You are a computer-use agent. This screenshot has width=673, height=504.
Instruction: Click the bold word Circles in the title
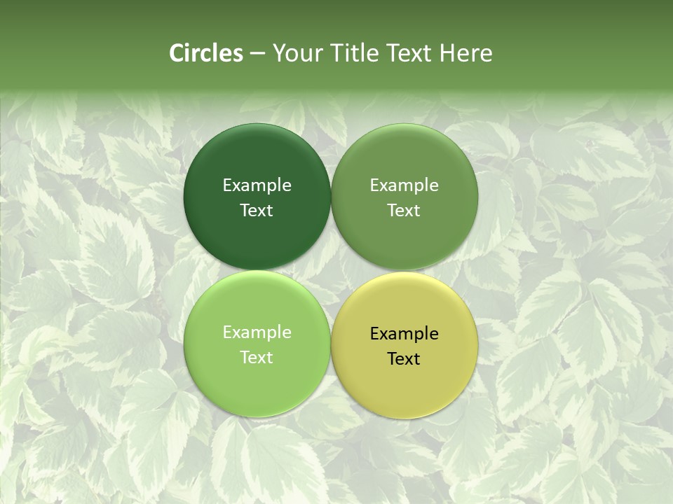point(206,53)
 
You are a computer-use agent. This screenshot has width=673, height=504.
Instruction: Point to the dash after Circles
point(257,54)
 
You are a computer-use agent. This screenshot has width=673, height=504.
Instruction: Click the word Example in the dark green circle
point(257,185)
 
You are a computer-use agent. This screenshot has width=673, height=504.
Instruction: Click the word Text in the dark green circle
point(257,211)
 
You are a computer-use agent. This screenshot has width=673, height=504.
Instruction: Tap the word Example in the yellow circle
point(405,334)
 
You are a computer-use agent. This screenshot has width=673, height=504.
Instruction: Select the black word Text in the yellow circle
point(405,359)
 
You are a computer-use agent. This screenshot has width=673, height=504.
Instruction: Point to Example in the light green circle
point(257,332)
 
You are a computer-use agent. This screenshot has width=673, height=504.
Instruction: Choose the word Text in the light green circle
point(257,358)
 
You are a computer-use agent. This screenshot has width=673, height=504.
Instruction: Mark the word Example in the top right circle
point(405,185)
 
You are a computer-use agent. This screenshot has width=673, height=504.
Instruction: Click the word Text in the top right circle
point(405,211)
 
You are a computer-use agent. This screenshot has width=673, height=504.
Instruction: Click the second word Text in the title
point(409,53)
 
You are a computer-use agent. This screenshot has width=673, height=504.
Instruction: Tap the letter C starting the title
point(177,53)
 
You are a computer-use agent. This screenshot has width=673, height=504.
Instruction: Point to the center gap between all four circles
point(331,270)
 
